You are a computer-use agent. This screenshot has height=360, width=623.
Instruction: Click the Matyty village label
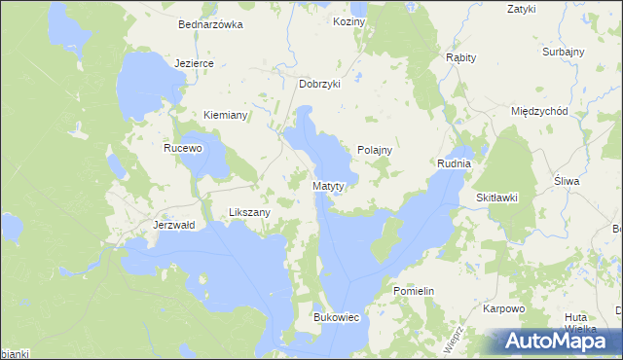pyautogui.click(x=330, y=185)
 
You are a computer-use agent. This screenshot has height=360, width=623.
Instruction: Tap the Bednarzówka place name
pyautogui.click(x=210, y=25)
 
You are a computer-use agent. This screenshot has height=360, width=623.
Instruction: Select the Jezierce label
pyautogui.click(x=194, y=62)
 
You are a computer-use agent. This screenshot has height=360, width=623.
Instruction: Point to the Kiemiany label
pyautogui.click(x=226, y=115)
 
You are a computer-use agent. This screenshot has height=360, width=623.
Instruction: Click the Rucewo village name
pyautogui.click(x=182, y=149)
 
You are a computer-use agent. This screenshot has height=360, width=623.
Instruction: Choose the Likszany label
pyautogui.click(x=248, y=211)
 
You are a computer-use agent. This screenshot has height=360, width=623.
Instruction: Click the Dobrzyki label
pyautogui.click(x=319, y=84)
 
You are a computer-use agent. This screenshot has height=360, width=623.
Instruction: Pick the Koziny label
pyautogui.click(x=348, y=21)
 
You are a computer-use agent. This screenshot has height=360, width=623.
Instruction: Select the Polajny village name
pyautogui.click(x=374, y=150)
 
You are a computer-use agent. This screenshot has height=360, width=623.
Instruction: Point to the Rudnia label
pyautogui.click(x=454, y=163)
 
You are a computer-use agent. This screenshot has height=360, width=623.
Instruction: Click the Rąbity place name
pyautogui.click(x=460, y=57)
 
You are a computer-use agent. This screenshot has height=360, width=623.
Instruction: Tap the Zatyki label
pyautogui.click(x=522, y=10)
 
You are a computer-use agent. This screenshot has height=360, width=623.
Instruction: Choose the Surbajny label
pyautogui.click(x=564, y=51)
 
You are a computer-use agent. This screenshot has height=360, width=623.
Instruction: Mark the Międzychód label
pyautogui.click(x=539, y=111)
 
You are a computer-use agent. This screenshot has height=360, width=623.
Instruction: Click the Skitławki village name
pyautogui.click(x=496, y=198)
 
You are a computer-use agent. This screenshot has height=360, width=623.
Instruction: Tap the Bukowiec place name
pyautogui.click(x=337, y=317)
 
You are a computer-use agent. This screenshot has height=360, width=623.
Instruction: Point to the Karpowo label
pyautogui.click(x=504, y=308)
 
